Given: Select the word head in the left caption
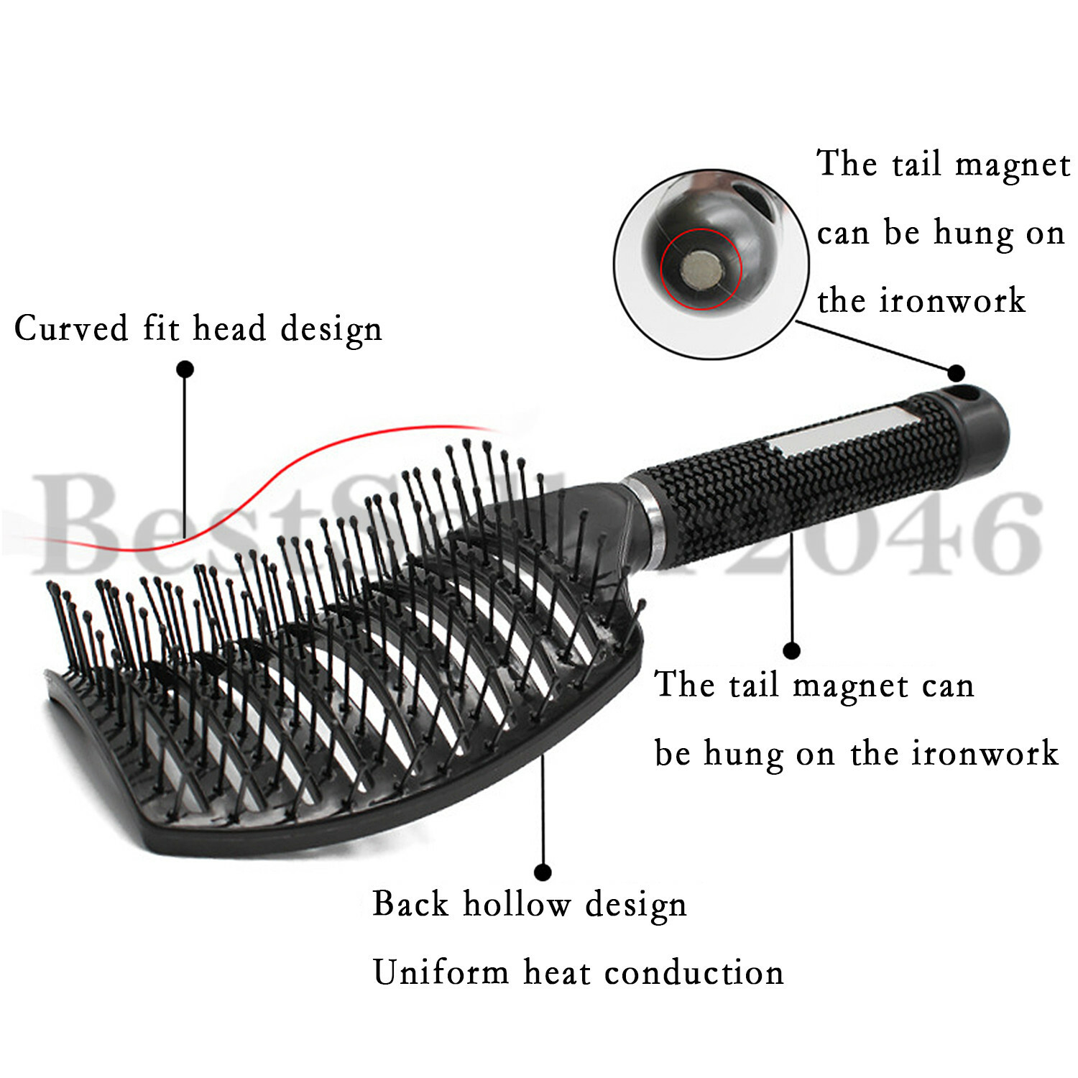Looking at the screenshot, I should point(229,328).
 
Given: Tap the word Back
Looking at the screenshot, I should point(410,903).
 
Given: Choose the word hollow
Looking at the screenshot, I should point(517,903).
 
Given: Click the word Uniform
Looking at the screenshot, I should point(441,973).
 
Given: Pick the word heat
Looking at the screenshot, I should point(557,973).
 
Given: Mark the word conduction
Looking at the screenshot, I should point(694,973).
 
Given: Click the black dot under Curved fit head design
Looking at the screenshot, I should point(185,369).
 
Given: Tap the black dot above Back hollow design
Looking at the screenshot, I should point(543,872).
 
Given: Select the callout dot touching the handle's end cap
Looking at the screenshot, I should point(956,372).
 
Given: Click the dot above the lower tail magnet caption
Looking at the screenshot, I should point(791,651).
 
